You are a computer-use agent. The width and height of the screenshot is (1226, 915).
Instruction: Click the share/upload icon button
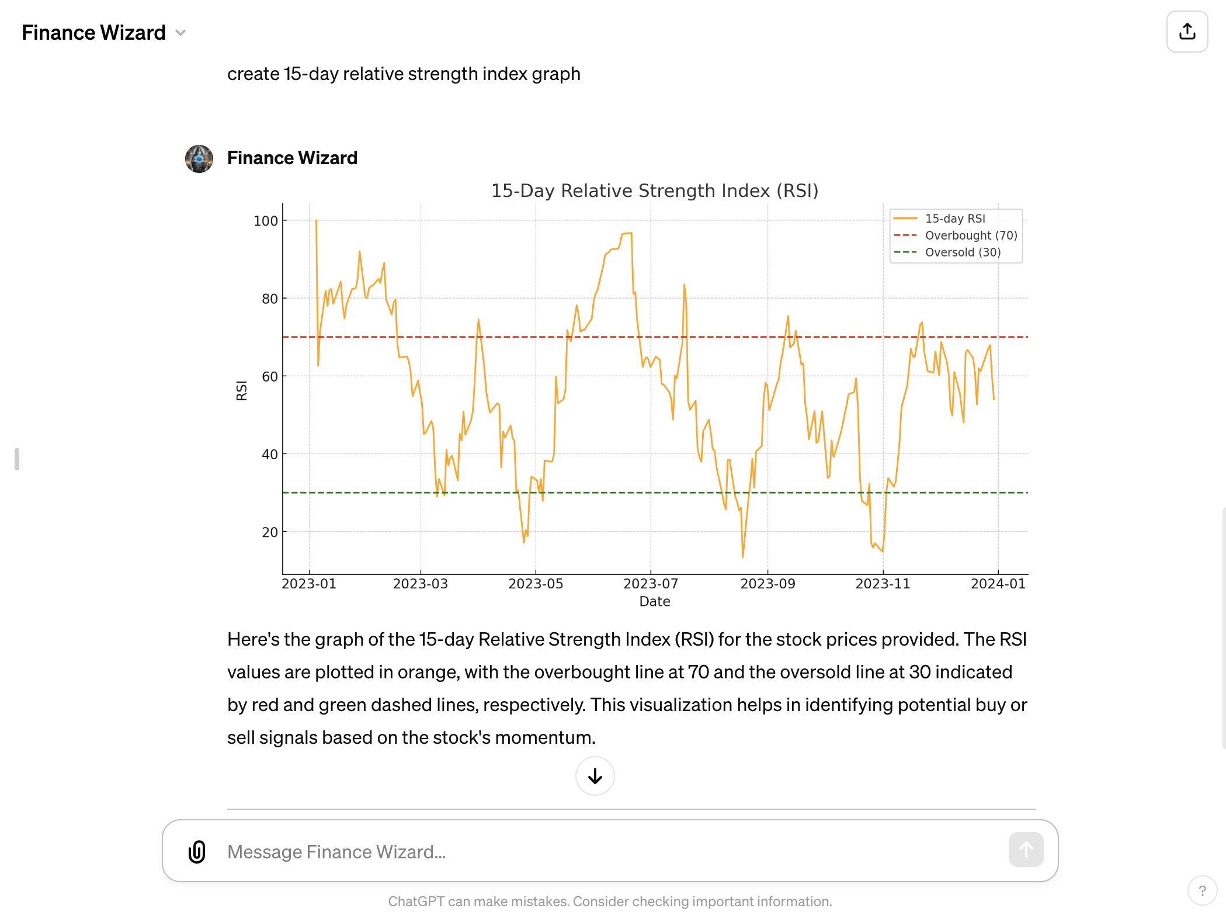[x=1187, y=32]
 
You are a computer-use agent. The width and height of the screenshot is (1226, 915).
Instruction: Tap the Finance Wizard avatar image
[x=199, y=159]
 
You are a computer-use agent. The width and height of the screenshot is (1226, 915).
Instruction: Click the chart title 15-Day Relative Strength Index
[x=654, y=191]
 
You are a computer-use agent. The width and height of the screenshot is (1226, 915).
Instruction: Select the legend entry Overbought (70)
[x=971, y=235]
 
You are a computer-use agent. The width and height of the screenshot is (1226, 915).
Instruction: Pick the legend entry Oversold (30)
[x=963, y=252]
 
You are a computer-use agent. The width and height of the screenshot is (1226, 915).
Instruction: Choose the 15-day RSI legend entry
[x=954, y=219]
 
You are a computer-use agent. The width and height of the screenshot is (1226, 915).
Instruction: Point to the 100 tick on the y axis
[x=265, y=221]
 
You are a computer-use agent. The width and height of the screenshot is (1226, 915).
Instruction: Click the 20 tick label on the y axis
[x=269, y=532]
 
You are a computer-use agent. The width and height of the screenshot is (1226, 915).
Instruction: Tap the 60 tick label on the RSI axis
[x=269, y=377]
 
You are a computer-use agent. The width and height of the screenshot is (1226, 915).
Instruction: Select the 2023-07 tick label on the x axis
[x=650, y=584]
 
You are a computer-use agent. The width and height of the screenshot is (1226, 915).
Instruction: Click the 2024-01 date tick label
[x=998, y=584]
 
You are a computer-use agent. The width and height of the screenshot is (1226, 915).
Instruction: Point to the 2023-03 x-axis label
[x=420, y=584]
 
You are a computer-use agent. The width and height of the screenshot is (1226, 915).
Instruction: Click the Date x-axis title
[x=654, y=601]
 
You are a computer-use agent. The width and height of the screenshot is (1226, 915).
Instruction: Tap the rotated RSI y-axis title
[x=241, y=390]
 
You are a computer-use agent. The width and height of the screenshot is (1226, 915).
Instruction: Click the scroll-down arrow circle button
[x=595, y=776]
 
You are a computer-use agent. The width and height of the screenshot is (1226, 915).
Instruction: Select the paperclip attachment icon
[x=197, y=851]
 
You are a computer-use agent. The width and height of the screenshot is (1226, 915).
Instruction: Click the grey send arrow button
[x=1025, y=850]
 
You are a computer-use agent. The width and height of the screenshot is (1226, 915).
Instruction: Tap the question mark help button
[x=1202, y=890]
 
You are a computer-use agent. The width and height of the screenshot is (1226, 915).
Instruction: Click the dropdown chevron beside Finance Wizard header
[x=180, y=33]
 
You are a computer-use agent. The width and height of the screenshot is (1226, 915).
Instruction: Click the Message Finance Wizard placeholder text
[x=336, y=852]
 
